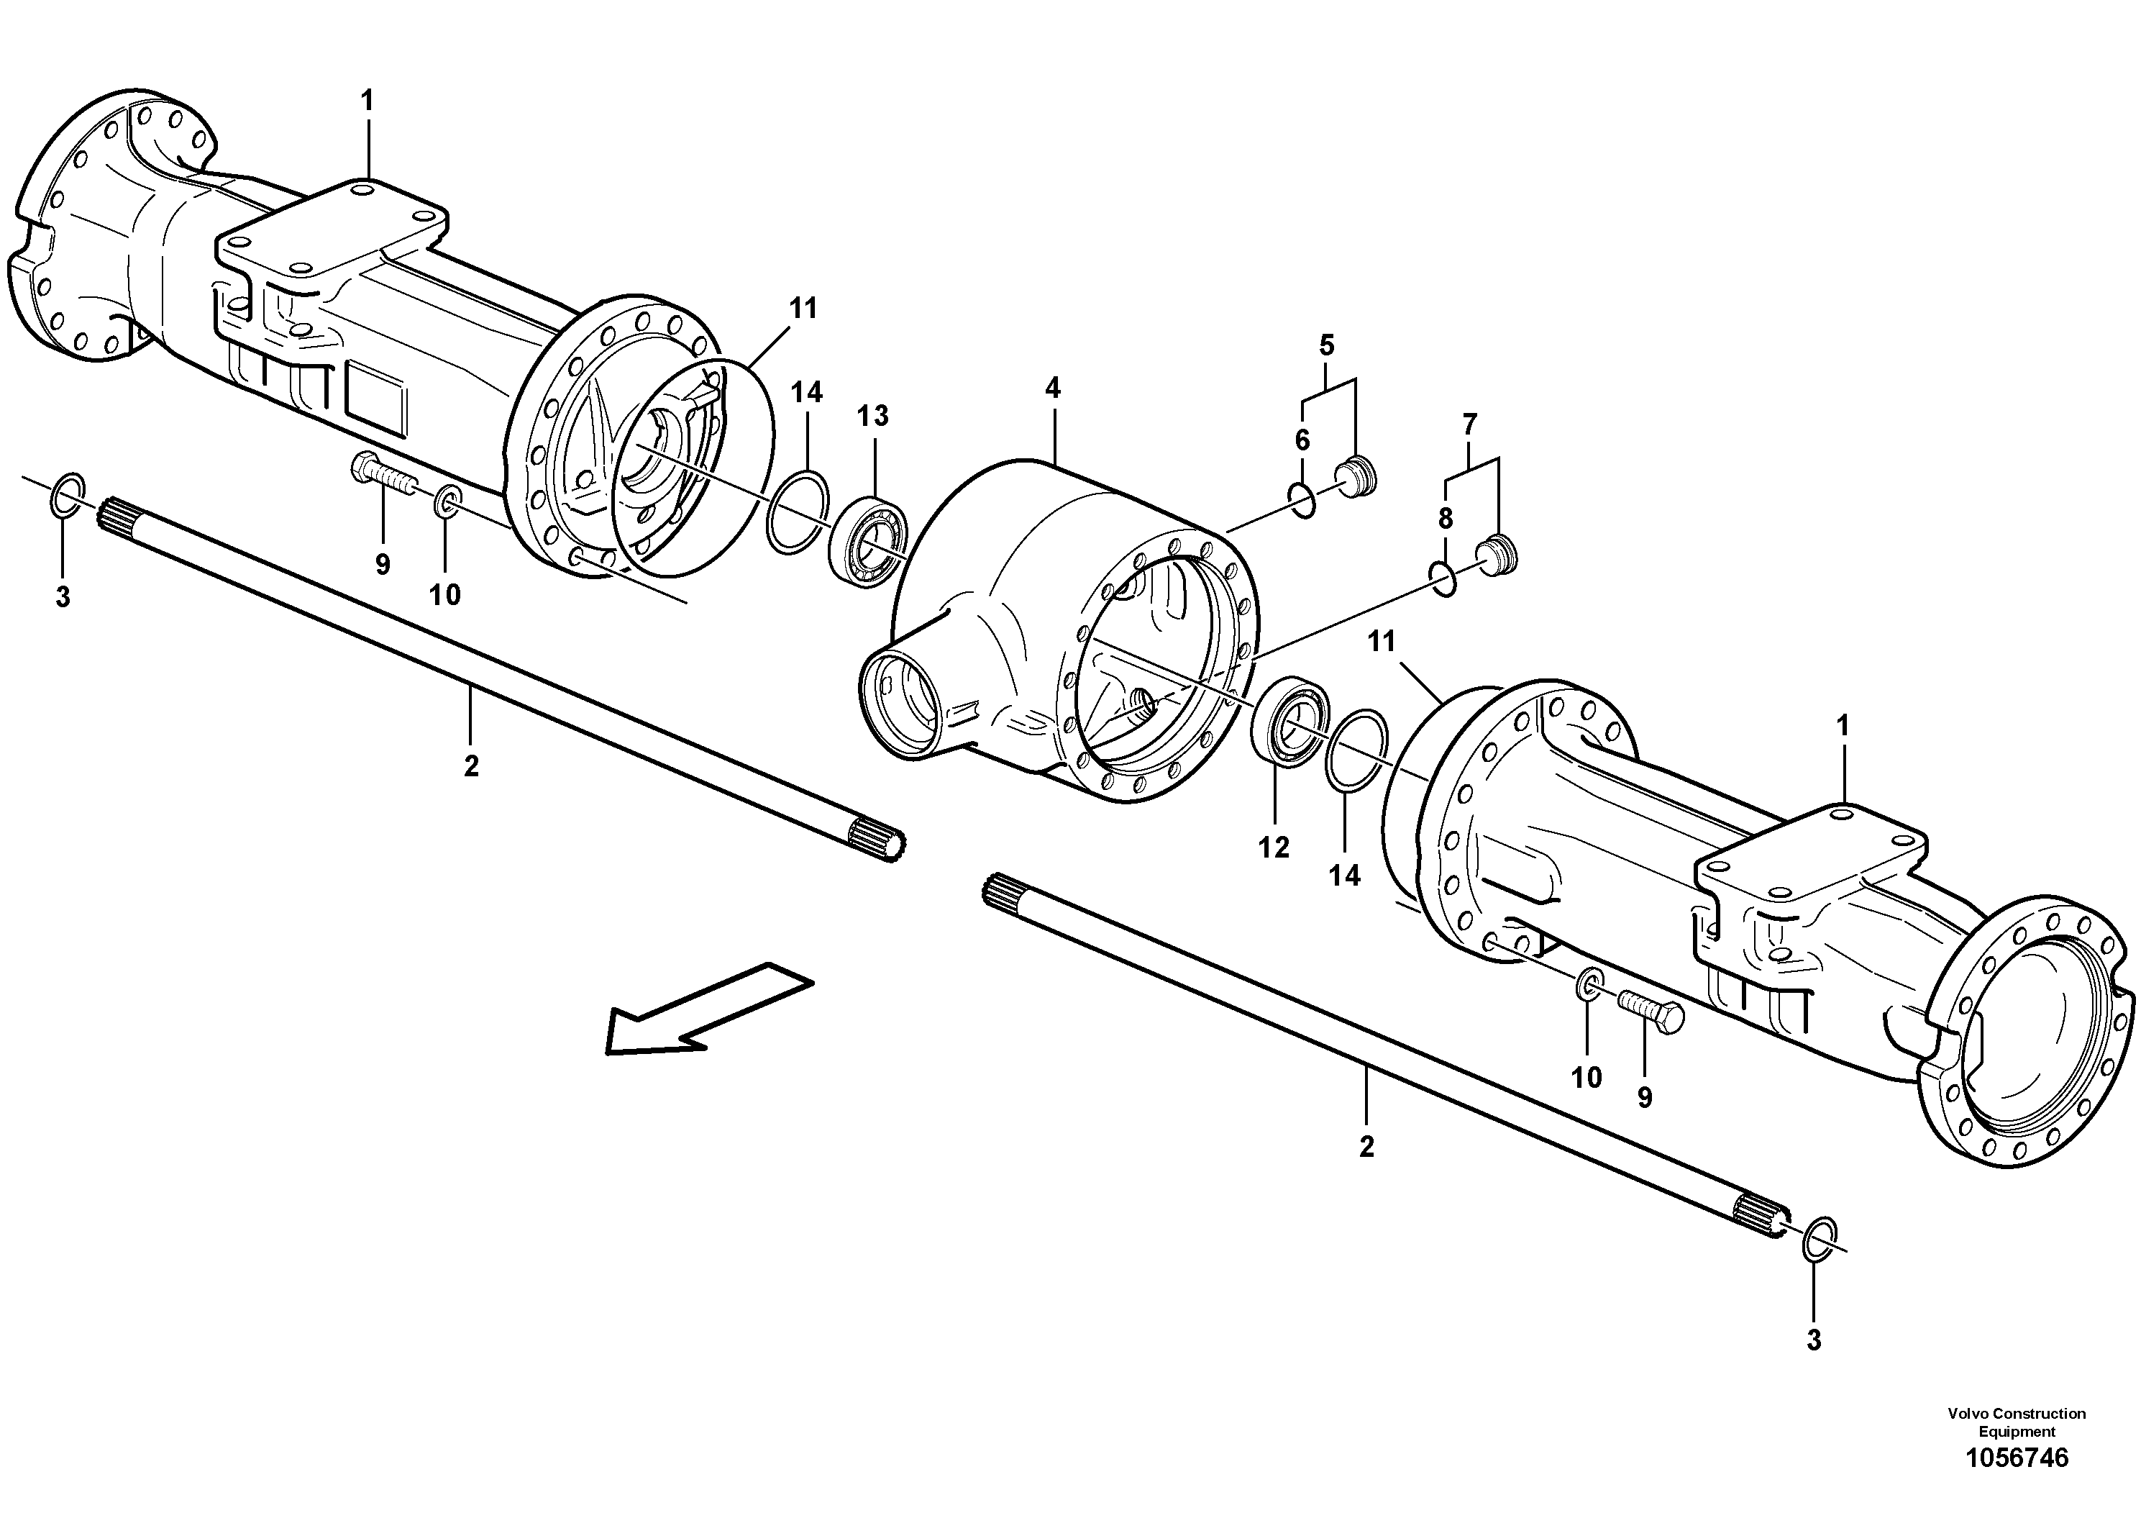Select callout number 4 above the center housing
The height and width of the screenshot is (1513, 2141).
click(x=1053, y=388)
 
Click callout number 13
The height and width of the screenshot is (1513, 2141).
click(x=873, y=416)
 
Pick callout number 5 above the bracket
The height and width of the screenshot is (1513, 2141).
click(x=1326, y=345)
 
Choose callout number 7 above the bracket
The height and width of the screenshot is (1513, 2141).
click(x=1469, y=425)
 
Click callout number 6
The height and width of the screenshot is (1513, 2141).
click(x=1302, y=440)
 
